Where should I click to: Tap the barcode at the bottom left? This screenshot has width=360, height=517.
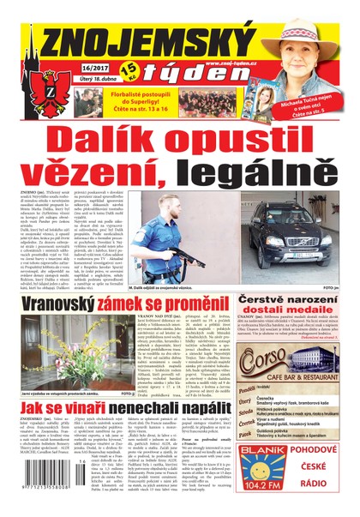[x=32, y=497]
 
